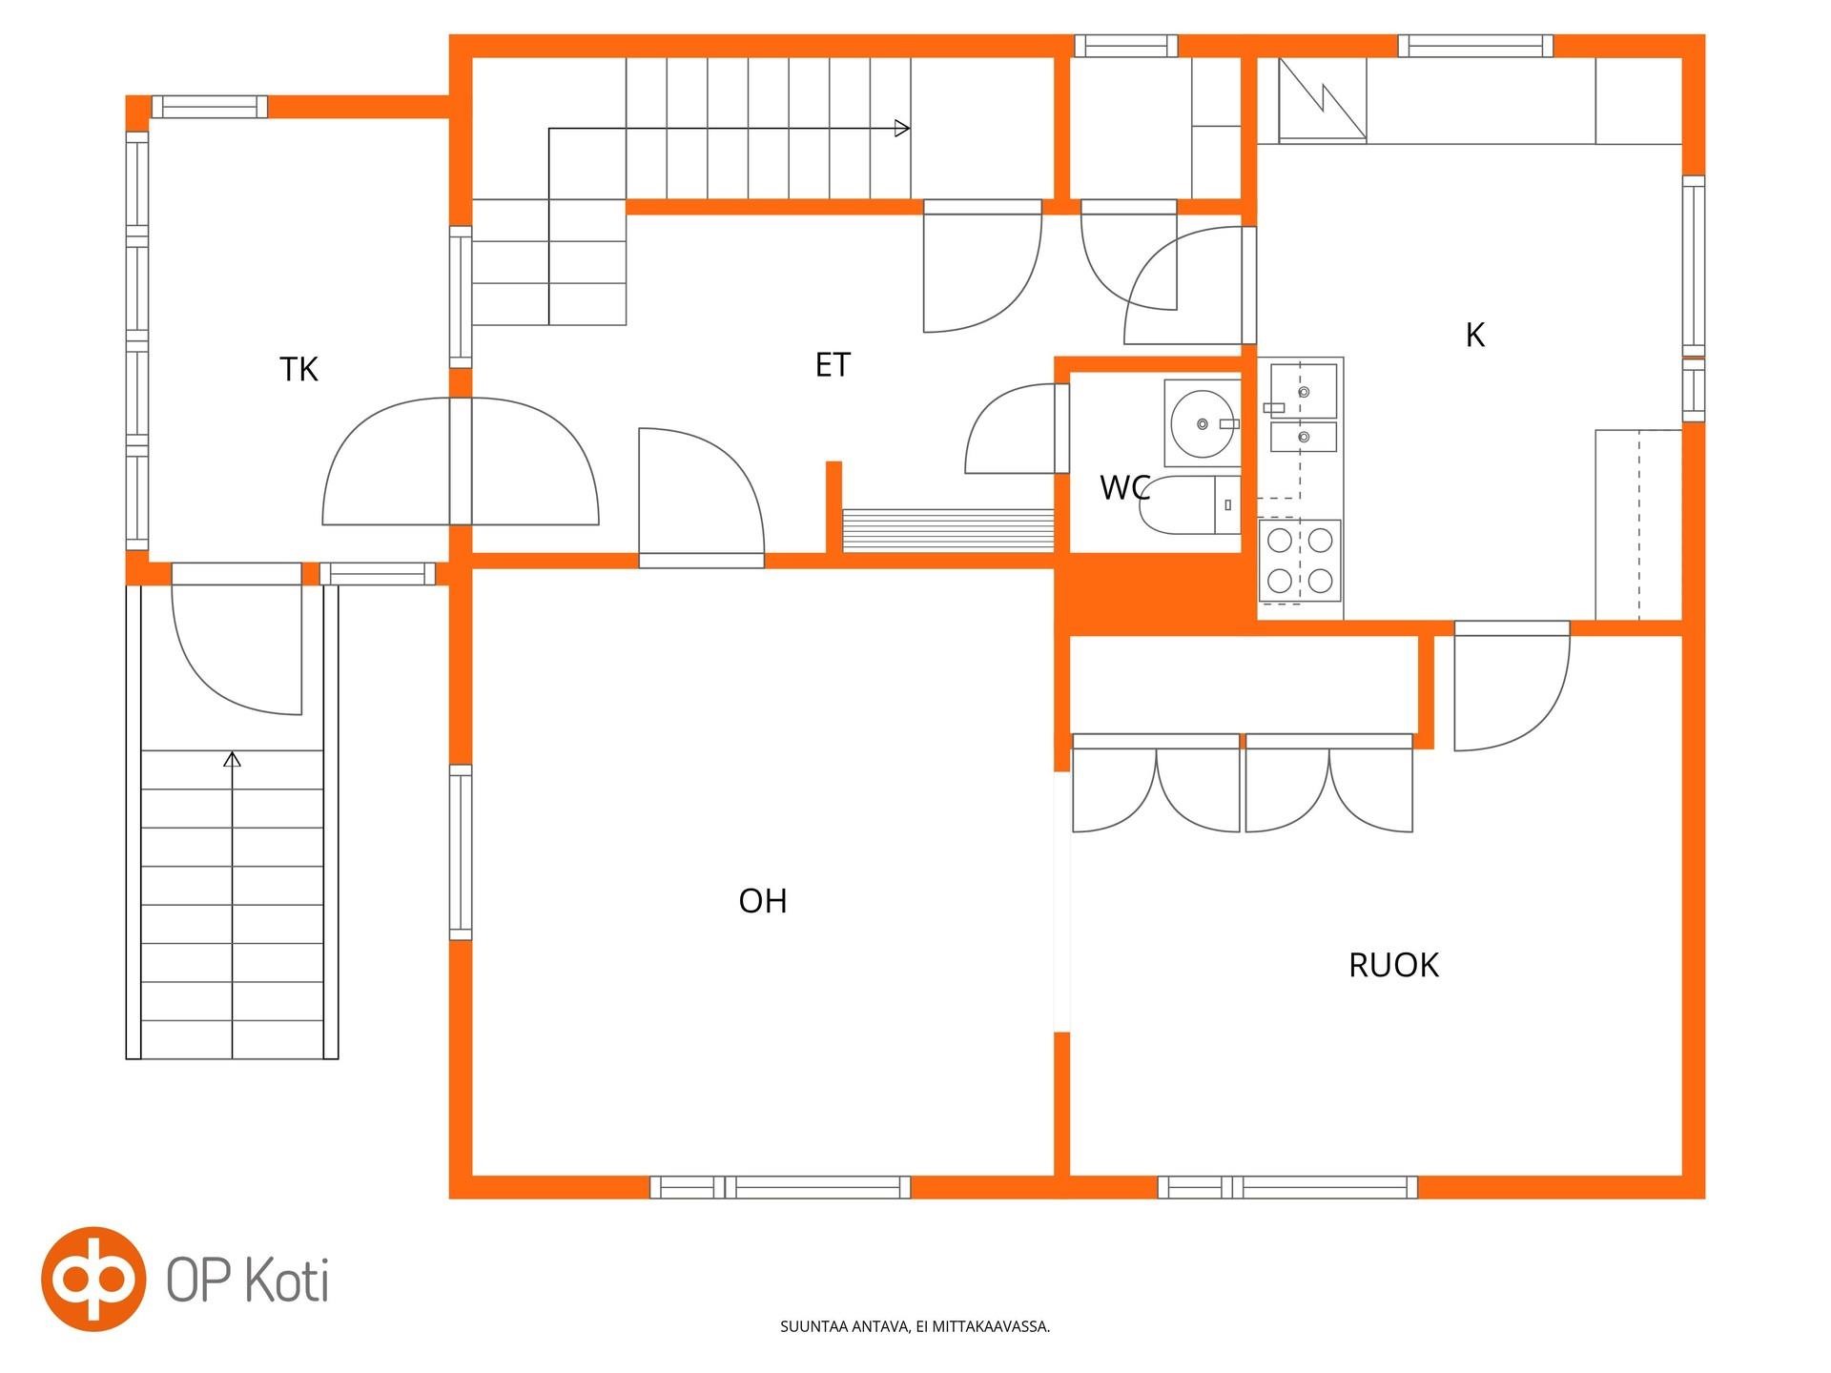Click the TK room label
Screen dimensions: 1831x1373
pos(298,369)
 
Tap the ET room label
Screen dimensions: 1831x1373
pos(833,365)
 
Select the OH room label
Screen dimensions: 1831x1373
pos(763,901)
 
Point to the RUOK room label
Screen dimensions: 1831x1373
pos(1393,965)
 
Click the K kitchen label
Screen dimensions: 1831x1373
pos(1475,336)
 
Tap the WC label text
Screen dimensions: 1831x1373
pos(1125,487)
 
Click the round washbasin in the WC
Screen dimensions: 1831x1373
pos(1202,422)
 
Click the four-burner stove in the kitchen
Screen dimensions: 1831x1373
pos(1300,561)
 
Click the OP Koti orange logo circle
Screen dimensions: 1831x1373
pos(93,1279)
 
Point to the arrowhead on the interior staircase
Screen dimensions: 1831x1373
pos(902,129)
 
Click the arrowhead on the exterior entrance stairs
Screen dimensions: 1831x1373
pos(232,760)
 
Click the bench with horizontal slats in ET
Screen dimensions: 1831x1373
pos(948,530)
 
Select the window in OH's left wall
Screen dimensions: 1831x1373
pos(461,852)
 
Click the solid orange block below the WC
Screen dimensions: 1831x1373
pos(1154,593)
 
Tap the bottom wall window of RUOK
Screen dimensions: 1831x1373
pos(1287,1187)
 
